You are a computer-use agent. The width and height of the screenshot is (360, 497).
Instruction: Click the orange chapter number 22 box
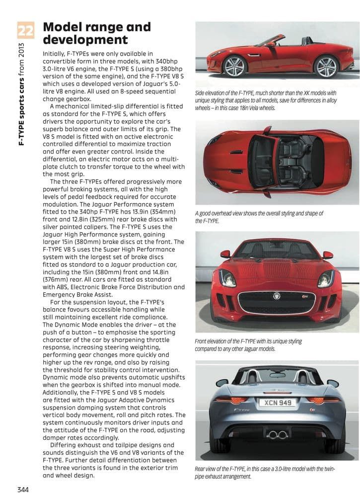pos(25,30)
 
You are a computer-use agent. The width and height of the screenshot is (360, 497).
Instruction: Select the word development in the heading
pos(85,40)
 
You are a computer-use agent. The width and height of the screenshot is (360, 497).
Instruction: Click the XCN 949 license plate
pos(278,403)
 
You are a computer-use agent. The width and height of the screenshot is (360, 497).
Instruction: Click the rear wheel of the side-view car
pos(326,66)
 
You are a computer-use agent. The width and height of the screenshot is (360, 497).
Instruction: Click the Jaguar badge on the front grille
pos(277,296)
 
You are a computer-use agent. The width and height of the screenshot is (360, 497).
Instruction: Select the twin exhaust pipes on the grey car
pos(277,435)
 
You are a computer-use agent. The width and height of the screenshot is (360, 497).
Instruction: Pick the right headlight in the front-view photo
pos(326,278)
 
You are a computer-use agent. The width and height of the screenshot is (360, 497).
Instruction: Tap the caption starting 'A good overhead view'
pos(259,217)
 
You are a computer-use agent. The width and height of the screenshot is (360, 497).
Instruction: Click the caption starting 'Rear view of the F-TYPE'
pos(265,473)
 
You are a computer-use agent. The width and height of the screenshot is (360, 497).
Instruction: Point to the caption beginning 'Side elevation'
pos(266,100)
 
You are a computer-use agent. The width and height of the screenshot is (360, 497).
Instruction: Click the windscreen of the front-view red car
pos(276,250)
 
